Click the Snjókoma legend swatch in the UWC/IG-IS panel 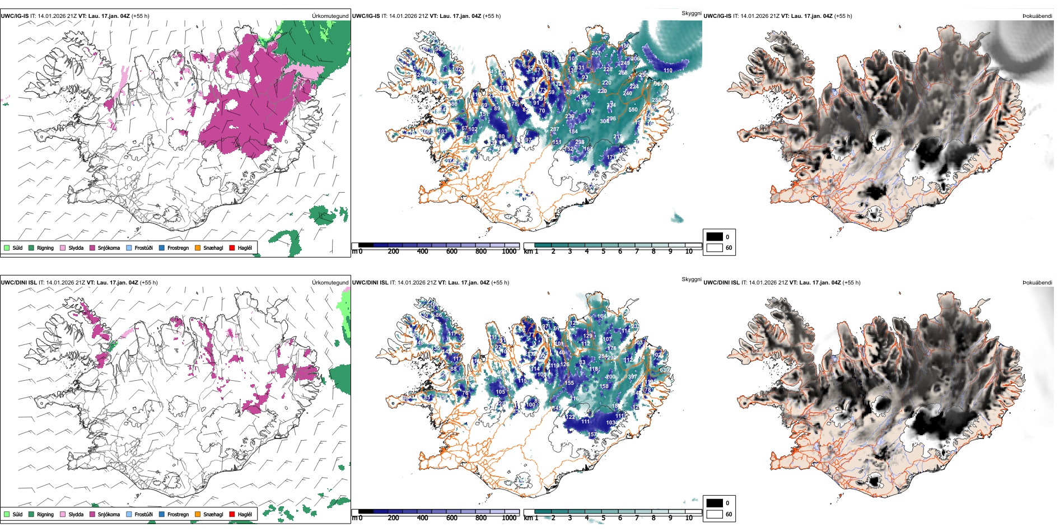[x=92, y=248]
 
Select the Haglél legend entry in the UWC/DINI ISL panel [x=245, y=514]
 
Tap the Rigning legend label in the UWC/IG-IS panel [x=45, y=248]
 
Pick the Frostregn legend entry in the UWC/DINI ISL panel [x=178, y=514]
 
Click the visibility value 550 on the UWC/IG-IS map [x=633, y=110]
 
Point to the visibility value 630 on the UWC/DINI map [x=664, y=370]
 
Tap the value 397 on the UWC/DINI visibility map [x=632, y=377]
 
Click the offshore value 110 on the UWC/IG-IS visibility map [x=668, y=71]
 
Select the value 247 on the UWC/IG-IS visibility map [x=596, y=53]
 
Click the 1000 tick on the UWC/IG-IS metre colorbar [x=509, y=251]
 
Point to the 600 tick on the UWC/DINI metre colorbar [x=451, y=518]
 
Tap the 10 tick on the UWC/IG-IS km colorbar [x=689, y=251]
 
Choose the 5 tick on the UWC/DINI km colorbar [x=603, y=518]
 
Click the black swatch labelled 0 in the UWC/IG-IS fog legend [x=715, y=237]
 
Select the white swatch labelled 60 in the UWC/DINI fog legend [x=715, y=514]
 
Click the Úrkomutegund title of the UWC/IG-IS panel [x=330, y=16]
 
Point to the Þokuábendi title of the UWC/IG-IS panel [x=1037, y=16]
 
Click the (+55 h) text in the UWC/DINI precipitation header [x=149, y=283]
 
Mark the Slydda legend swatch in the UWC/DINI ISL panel [x=63, y=514]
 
